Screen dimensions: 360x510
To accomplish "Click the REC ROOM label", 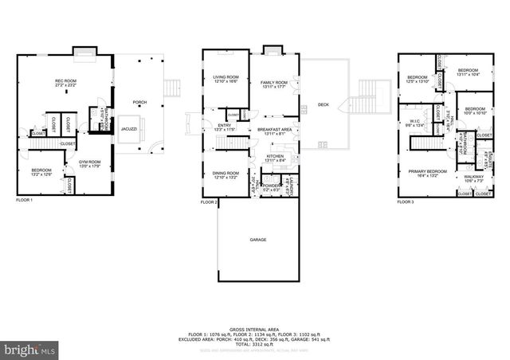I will [65, 81].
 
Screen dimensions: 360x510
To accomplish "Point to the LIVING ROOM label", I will [226, 78].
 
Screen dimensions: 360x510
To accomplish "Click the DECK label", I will [323, 104].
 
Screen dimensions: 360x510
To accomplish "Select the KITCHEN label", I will [275, 157].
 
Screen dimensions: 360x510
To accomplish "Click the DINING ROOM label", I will [226, 174].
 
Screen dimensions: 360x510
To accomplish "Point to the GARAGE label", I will [257, 239].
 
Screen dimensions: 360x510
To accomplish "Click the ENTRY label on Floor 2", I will [226, 126].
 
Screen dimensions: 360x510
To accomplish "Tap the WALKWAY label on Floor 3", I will [473, 178].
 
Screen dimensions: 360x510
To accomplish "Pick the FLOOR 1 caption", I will [25, 200].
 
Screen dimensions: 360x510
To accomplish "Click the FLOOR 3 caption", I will [406, 202].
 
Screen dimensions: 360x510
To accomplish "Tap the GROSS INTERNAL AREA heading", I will [256, 328].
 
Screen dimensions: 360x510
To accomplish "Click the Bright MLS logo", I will [29, 349].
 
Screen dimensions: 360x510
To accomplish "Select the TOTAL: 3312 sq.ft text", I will [256, 342].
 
